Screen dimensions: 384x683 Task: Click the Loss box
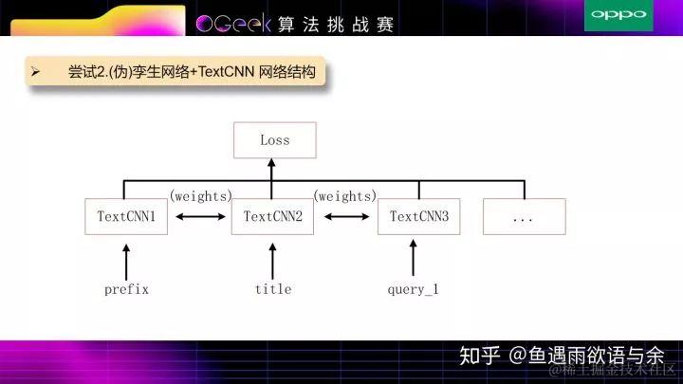coord(274,139)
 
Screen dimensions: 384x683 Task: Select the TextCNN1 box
coord(126,216)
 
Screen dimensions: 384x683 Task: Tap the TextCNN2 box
coord(272,216)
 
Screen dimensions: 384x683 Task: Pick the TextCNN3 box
coord(418,216)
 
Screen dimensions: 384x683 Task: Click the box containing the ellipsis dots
coord(524,216)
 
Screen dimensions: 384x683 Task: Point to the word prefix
coord(126,289)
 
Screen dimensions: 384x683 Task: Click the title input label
coord(273,289)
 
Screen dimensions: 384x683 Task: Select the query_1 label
coord(414,289)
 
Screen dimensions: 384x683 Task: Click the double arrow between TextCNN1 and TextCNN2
coord(200,217)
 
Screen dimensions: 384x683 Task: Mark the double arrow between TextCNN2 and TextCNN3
coord(345,217)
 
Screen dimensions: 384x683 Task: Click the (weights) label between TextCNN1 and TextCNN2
coord(200,196)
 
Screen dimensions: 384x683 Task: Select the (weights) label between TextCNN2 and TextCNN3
coord(345,196)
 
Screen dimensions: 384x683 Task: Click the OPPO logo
coord(618,14)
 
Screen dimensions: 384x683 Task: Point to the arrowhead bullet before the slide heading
coord(35,71)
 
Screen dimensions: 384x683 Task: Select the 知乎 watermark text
coord(479,356)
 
